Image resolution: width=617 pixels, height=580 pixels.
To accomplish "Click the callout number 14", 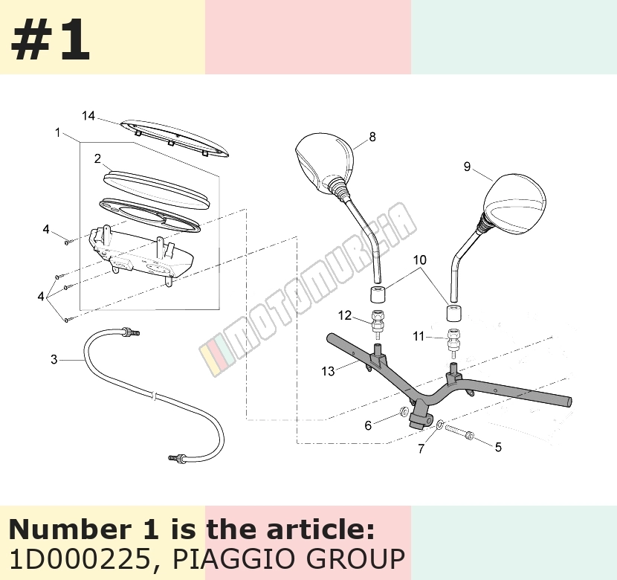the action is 88,116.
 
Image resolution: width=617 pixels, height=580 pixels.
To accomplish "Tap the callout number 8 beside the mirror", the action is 372,137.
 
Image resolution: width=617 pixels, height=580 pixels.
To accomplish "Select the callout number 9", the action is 467,167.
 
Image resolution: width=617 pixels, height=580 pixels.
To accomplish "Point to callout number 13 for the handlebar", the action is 328,371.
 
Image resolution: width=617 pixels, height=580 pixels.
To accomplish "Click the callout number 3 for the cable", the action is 54,359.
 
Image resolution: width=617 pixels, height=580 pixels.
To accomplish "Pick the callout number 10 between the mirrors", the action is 420,260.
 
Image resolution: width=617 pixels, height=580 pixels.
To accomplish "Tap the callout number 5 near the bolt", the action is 498,447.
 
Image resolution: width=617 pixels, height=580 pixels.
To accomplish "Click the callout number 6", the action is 368,425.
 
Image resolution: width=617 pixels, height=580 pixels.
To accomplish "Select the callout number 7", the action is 421,448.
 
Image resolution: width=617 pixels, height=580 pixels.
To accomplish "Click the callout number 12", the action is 345,315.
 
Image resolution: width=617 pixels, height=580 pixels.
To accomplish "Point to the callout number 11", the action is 419,336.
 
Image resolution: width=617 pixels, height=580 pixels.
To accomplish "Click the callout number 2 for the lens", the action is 97,158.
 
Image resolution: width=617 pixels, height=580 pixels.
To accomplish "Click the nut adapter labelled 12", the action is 378,323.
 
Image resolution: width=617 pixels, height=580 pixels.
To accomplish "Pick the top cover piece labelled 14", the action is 174,138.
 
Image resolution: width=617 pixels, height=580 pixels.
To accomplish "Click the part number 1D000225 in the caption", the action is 80,559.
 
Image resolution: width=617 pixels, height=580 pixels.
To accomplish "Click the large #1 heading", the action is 51,39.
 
